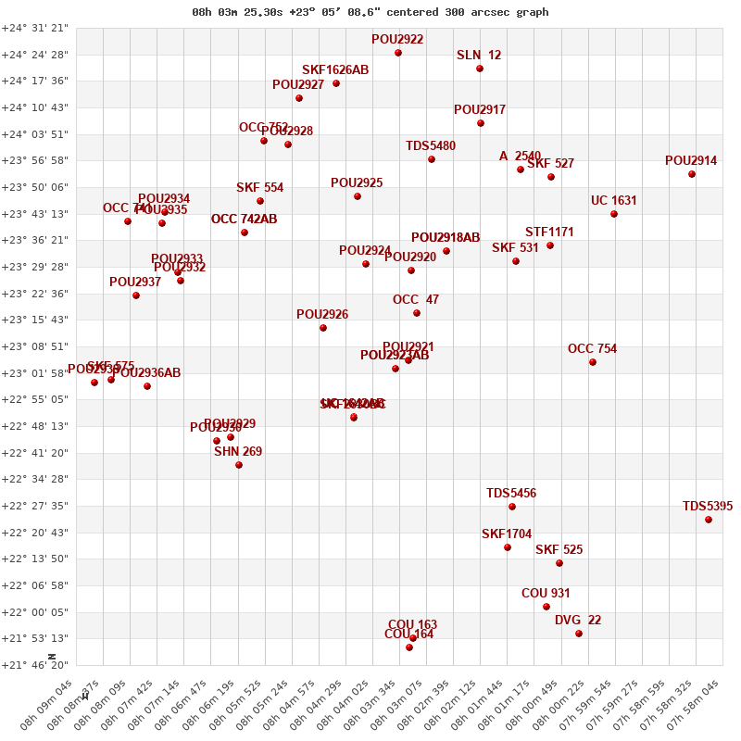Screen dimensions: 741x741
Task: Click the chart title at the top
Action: pyautogui.click(x=370, y=12)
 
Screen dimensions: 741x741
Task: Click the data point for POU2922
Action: pyautogui.click(x=398, y=53)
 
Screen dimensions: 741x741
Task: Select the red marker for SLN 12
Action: pyautogui.click(x=480, y=69)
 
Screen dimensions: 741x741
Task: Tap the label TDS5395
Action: pyautogui.click(x=708, y=507)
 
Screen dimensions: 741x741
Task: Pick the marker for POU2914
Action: pyautogui.click(x=692, y=174)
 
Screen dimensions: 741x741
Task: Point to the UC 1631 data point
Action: pyautogui.click(x=614, y=214)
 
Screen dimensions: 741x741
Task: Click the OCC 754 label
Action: pyautogui.click(x=592, y=349)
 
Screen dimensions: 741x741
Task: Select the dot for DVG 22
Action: pyautogui.click(x=579, y=634)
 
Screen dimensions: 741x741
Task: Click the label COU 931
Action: pyautogui.click(x=546, y=594)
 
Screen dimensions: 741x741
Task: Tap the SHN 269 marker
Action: pyautogui.click(x=239, y=465)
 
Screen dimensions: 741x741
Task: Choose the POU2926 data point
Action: pyautogui.click(x=323, y=328)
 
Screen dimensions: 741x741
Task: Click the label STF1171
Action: pyautogui.click(x=549, y=232)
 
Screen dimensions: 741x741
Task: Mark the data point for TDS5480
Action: pyautogui.click(x=432, y=159)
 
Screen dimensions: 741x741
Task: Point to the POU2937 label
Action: pyautogui.click(x=135, y=283)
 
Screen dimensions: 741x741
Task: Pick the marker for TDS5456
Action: pyautogui.click(x=512, y=507)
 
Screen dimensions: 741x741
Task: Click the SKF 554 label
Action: pyautogui.click(x=259, y=188)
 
